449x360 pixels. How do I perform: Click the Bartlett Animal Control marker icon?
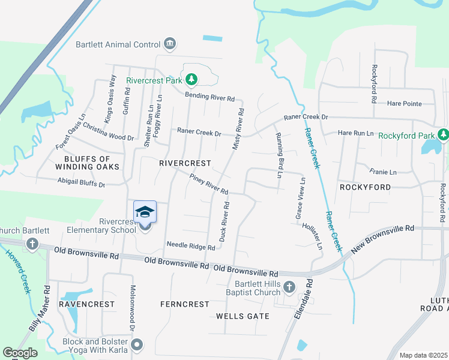(170, 44)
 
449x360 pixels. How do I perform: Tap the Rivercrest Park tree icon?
(191, 79)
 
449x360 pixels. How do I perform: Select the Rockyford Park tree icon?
(443, 134)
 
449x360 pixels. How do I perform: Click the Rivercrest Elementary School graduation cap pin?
(145, 214)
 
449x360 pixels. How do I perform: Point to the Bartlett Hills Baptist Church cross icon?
(289, 287)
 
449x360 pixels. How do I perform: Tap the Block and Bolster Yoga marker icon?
(137, 344)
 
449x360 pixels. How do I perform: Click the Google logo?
(20, 352)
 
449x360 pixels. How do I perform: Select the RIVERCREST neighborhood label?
(185, 163)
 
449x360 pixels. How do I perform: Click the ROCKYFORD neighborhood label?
(365, 187)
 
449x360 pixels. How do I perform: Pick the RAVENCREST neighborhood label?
(86, 304)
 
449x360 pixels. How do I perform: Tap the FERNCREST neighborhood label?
(184, 304)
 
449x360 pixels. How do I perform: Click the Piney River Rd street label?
(208, 184)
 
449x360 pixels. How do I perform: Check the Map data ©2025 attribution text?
(423, 355)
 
